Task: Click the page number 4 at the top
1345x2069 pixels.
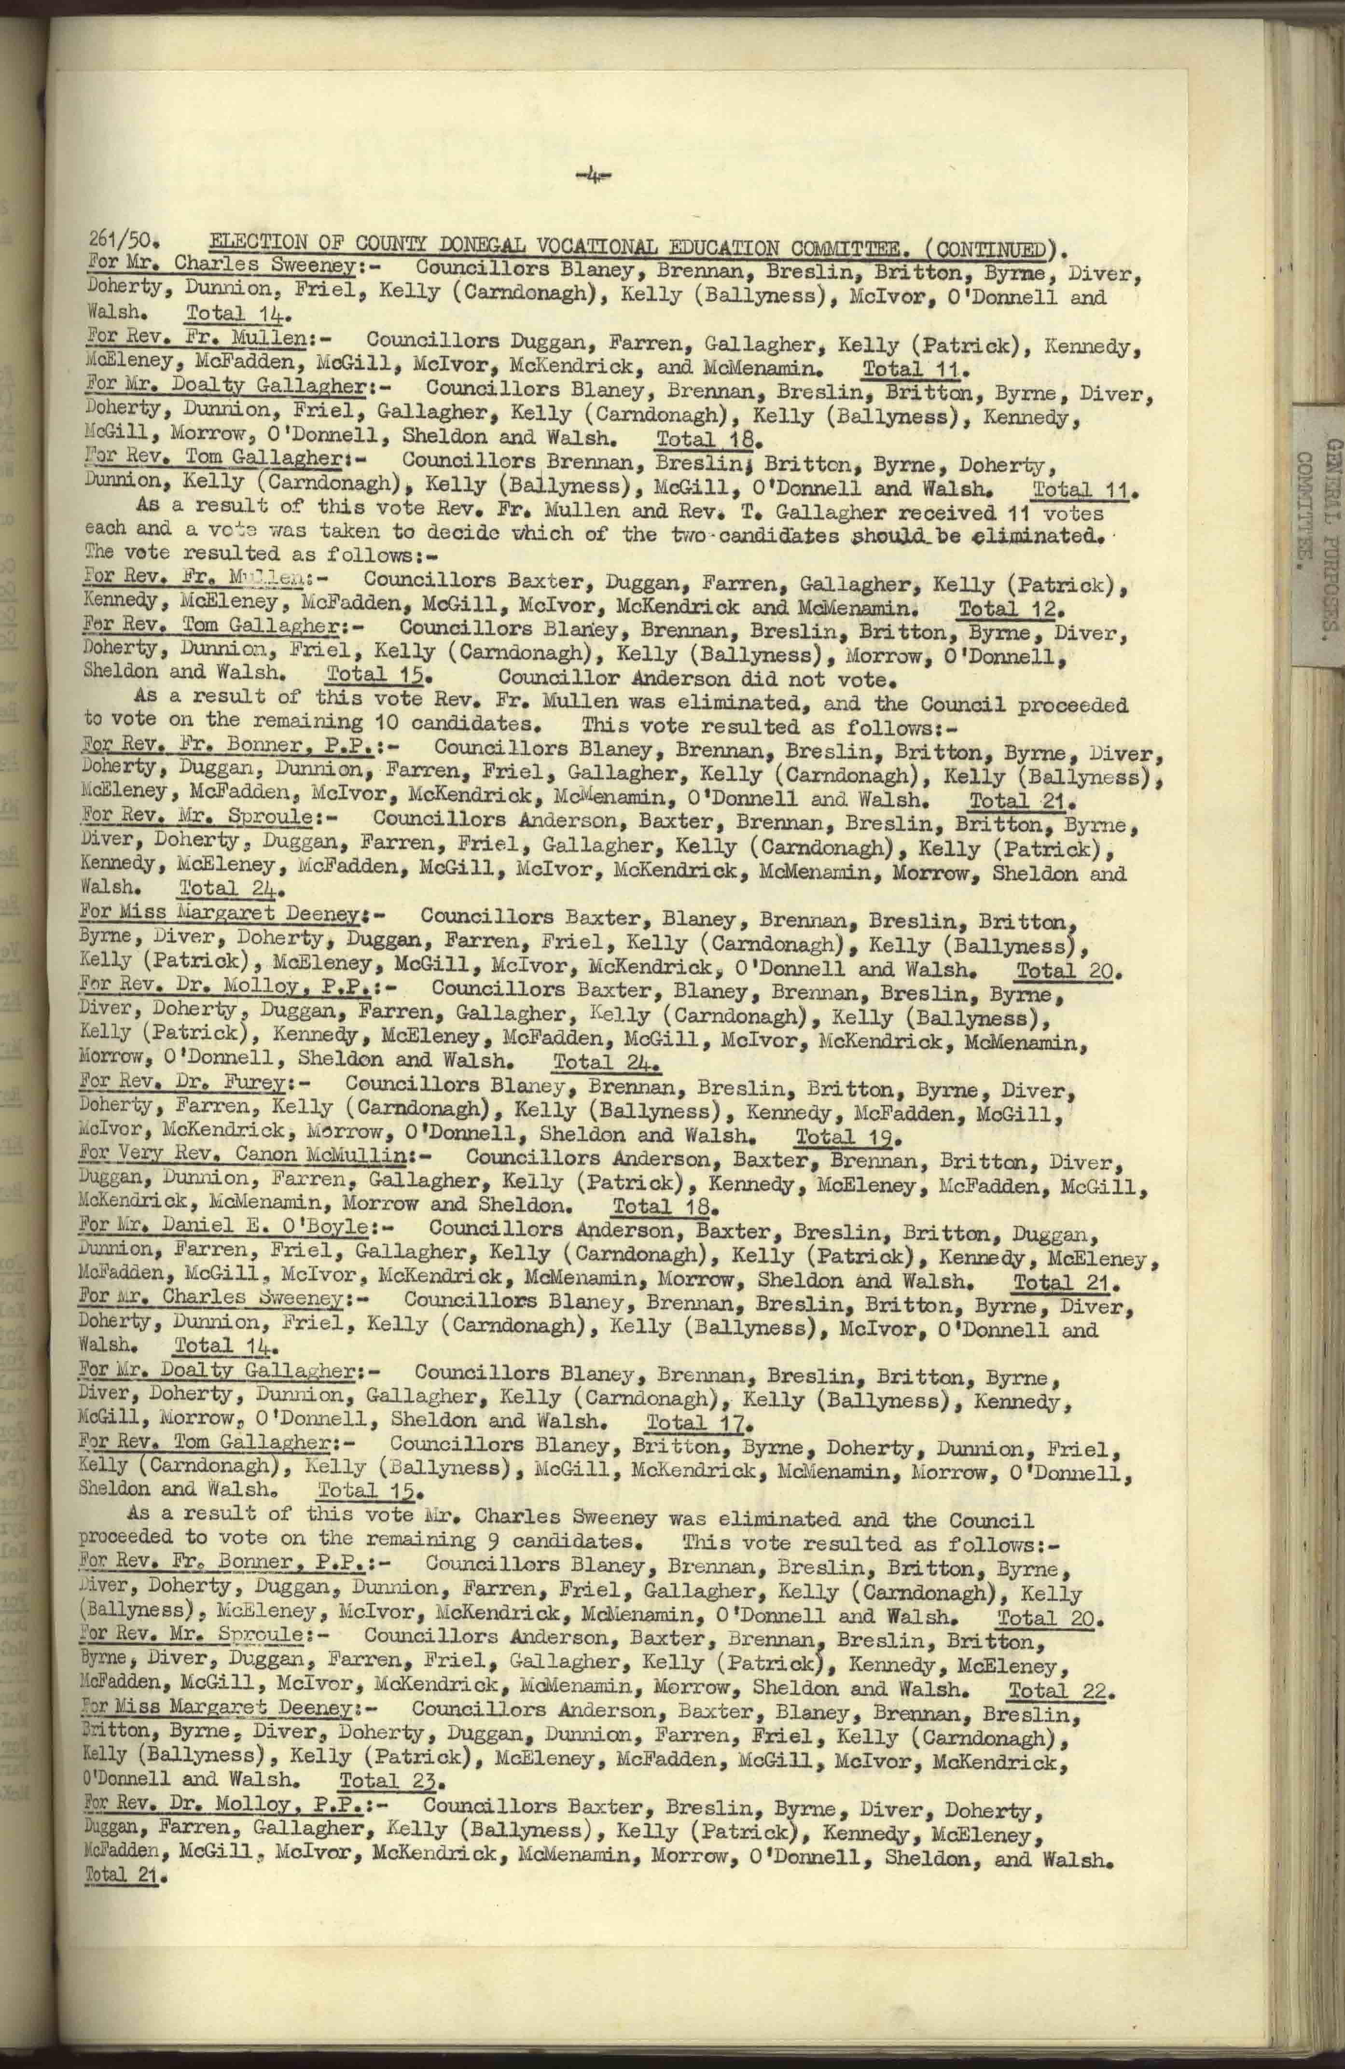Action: (x=593, y=178)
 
